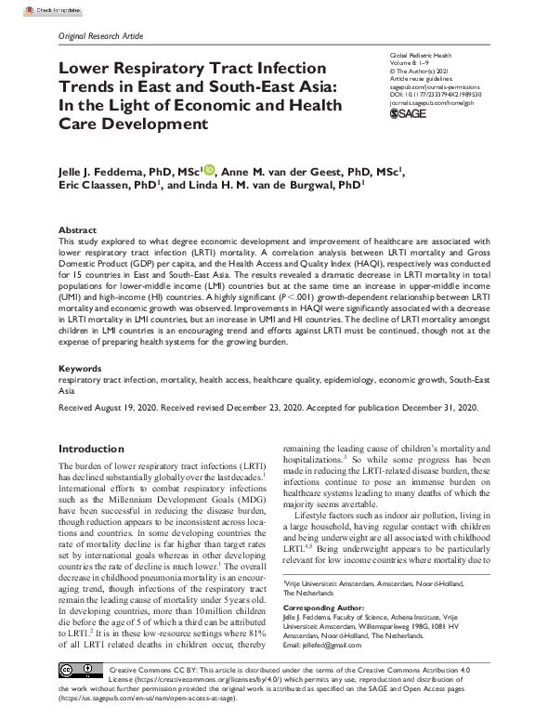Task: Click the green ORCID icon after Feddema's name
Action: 209,170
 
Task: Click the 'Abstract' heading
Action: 77,229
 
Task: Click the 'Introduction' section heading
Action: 91,449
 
